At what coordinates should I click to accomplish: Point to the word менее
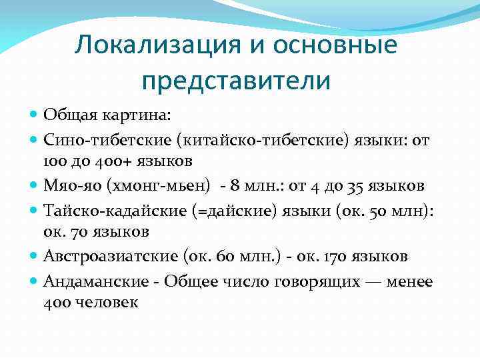click(x=409, y=281)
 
